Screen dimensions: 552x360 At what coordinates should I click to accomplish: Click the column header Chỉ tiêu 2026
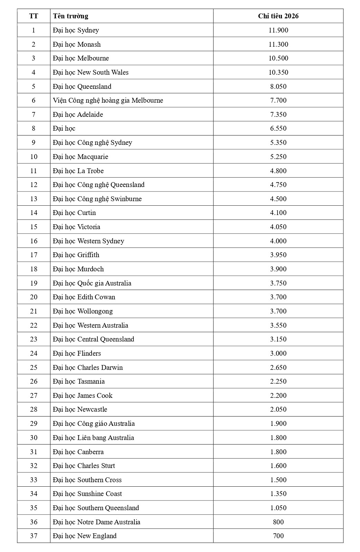click(278, 16)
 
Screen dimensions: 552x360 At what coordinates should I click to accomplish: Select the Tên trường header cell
click(70, 16)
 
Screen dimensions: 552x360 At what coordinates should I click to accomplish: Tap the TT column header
click(34, 16)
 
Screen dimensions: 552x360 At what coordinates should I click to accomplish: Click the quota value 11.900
click(278, 30)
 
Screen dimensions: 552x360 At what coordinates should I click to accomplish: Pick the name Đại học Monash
click(77, 44)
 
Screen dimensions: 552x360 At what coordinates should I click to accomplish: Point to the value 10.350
click(278, 72)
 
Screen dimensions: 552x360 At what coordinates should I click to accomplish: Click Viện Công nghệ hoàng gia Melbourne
click(108, 100)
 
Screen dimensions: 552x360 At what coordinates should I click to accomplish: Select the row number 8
click(34, 128)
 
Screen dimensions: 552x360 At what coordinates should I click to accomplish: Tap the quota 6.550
click(278, 128)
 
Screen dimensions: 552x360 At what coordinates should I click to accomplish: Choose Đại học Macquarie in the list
click(80, 157)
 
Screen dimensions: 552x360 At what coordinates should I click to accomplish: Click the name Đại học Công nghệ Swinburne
click(97, 199)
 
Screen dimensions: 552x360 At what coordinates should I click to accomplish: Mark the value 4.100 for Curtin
click(278, 213)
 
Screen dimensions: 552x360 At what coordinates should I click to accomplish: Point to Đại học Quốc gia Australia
click(92, 283)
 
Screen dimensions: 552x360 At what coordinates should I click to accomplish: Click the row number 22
click(34, 325)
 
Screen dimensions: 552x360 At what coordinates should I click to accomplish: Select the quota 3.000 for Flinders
click(278, 353)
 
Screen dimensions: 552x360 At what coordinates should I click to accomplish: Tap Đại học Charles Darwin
click(88, 367)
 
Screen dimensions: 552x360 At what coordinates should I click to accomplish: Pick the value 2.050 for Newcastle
click(278, 409)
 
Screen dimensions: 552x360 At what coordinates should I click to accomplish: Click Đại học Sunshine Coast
click(87, 494)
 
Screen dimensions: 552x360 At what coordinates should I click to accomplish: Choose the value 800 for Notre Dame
click(278, 522)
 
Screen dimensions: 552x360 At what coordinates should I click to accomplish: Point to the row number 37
click(34, 536)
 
